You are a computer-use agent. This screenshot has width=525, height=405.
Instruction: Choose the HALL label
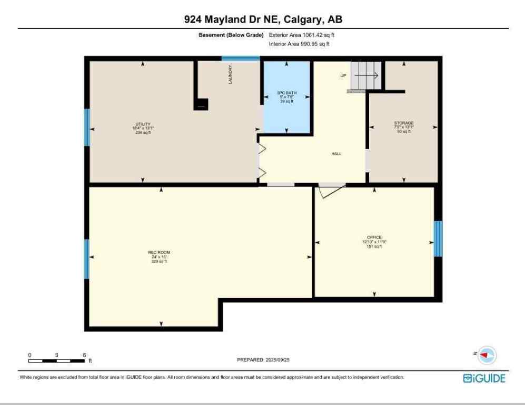336,154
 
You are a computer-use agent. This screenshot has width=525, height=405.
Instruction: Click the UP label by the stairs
343,76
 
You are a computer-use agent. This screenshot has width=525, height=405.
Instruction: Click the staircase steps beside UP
366,75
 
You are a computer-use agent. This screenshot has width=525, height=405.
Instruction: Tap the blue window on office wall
438,238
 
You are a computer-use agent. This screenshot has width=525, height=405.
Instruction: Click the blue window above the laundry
240,59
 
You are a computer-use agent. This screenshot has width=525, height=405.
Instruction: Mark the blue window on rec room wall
87,259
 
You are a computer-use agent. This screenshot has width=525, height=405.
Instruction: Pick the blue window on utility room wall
87,127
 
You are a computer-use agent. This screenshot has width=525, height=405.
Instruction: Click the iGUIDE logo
484,379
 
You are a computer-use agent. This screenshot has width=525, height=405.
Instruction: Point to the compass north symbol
488,355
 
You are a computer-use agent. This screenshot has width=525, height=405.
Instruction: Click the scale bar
57,361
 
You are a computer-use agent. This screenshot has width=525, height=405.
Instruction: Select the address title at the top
263,20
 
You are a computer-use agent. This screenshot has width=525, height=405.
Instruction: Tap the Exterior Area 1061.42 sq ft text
302,35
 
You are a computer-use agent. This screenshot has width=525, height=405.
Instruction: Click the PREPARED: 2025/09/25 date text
264,360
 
